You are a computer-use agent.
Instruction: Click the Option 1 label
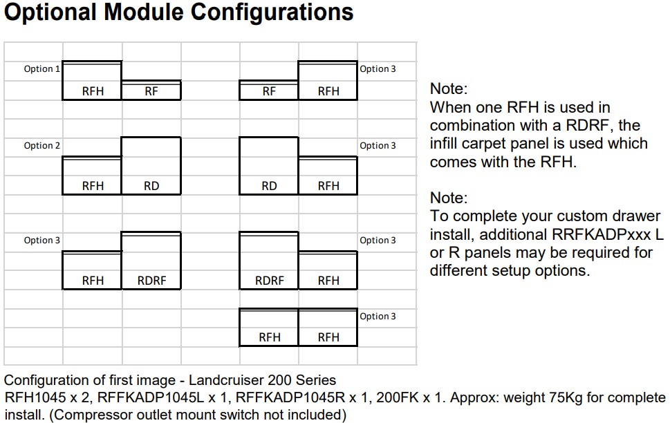(41, 69)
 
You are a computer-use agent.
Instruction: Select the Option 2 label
(41, 145)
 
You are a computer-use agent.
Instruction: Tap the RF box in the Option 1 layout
(151, 90)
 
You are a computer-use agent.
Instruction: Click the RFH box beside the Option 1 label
(92, 81)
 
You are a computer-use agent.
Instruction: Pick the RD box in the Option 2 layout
(151, 166)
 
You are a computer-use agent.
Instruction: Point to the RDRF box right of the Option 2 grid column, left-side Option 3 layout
(151, 261)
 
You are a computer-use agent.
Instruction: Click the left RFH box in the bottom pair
(269, 328)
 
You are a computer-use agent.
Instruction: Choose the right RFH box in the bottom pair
(328, 328)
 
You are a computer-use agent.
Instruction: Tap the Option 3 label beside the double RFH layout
(378, 316)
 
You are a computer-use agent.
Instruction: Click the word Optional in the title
(50, 12)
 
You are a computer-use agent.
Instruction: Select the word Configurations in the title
(272, 12)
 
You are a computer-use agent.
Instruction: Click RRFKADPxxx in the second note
(602, 234)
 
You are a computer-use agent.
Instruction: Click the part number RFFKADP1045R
(290, 397)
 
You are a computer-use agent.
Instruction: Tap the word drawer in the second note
(637, 216)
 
